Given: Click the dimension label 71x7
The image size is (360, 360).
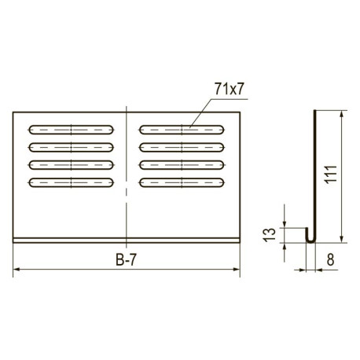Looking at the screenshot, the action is point(230,89).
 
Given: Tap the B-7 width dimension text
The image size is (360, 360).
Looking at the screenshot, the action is point(126,260).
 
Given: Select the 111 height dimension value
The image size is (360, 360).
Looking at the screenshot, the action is point(330,174).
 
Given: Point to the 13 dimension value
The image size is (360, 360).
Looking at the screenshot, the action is point(270,235).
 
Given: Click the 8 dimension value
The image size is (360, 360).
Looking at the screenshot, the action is point(331,260).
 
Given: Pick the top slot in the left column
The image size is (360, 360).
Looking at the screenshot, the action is point(71,130).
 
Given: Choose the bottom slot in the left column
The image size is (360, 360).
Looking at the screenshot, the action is point(71,182).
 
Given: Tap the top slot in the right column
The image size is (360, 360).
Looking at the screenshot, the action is point(182,130).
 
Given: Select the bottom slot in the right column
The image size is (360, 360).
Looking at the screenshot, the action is point(182,182).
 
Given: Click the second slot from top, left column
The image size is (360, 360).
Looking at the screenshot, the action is point(71,148).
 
